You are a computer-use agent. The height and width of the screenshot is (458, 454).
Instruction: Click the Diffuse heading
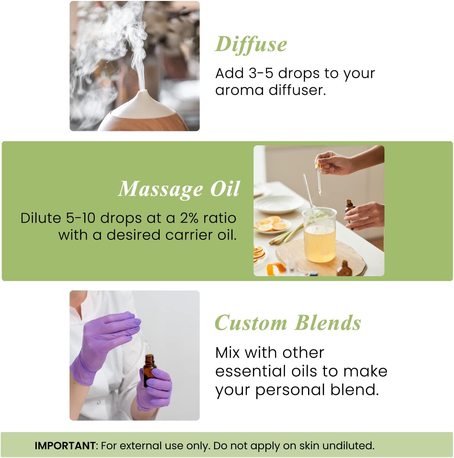pos(251,44)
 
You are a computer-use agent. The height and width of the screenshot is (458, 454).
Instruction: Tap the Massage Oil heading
pos(179,189)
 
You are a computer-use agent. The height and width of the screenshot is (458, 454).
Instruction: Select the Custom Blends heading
pos(288,323)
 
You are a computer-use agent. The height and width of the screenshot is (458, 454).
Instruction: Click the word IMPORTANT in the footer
pos(65,446)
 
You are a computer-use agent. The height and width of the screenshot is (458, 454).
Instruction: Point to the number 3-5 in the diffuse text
pos(261,73)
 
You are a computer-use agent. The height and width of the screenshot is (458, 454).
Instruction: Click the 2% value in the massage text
pos(190,218)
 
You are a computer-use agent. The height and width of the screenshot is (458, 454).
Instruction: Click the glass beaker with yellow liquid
pos(320,235)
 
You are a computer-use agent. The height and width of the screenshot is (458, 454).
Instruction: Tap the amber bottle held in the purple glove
pos(149,368)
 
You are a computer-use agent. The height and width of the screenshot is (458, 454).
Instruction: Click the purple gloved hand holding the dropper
pos(106,339)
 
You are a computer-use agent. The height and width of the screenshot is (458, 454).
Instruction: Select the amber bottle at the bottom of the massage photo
pos(345,269)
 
